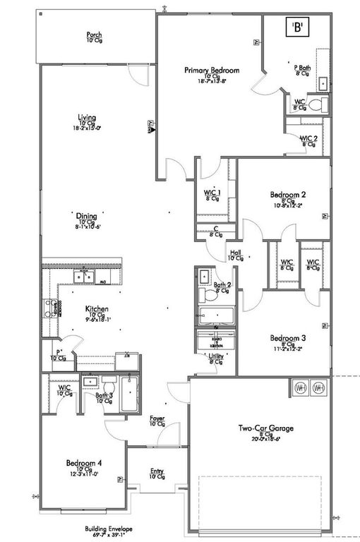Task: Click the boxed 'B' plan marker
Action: [x=298, y=28]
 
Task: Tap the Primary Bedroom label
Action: [x=212, y=71]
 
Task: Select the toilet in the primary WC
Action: [x=317, y=105]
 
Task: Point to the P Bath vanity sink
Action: [x=323, y=83]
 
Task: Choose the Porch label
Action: [x=95, y=35]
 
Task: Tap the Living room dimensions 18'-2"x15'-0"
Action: [x=87, y=128]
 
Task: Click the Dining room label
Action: [x=87, y=217]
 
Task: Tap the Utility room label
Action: [x=216, y=358]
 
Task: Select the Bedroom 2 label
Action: [x=287, y=194]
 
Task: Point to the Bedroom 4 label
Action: [x=84, y=463]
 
